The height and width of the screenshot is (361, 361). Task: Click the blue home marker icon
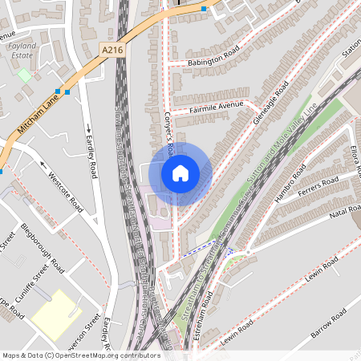click(180, 173)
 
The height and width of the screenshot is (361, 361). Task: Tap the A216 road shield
click(114, 50)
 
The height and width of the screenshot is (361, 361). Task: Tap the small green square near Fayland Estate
click(24, 75)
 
